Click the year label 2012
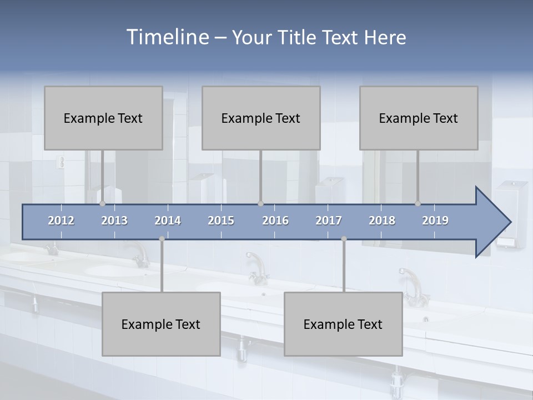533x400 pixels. (61, 221)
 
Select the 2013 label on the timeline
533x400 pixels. (114, 221)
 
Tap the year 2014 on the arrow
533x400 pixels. (168, 221)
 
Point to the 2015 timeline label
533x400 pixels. (221, 221)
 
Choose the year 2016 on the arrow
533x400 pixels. (275, 221)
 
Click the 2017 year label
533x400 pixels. (329, 221)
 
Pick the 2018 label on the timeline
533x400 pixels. (382, 221)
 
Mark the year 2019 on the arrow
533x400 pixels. (435, 221)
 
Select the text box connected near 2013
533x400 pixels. (103, 118)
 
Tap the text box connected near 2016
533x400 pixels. (261, 118)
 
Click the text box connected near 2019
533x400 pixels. (419, 118)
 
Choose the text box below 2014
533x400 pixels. (161, 324)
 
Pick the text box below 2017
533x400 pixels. (343, 324)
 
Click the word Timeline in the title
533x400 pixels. (167, 37)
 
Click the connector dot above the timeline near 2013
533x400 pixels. (103, 204)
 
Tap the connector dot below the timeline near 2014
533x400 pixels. (162, 239)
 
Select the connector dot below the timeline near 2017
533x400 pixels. (344, 239)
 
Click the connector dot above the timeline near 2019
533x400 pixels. (418, 204)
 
